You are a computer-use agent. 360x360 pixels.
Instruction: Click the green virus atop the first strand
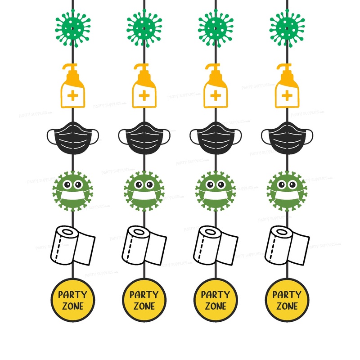coord(72,27)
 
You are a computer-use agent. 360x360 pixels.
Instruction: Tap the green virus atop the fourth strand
coord(286,27)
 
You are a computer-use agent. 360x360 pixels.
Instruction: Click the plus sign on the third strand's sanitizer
coord(216,95)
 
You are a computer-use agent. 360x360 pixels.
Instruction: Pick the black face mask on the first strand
coord(72,135)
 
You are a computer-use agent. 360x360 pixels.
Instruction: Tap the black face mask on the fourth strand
coord(286,135)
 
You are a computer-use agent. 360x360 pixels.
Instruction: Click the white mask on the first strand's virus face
coord(72,197)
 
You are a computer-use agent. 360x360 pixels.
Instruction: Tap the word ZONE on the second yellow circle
coord(144,306)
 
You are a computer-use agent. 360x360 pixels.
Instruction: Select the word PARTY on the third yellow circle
coord(216,295)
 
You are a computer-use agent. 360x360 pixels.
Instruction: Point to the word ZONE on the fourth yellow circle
coord(286,306)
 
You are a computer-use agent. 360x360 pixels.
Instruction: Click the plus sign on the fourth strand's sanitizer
coord(286,95)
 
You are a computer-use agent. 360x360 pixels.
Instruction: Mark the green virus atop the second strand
coord(144,27)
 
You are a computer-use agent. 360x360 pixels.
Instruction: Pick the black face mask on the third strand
coord(216,135)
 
